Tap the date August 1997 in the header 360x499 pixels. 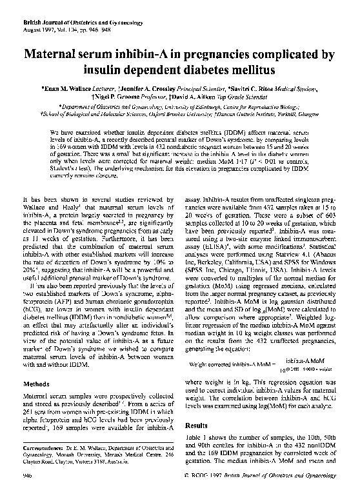(37, 21)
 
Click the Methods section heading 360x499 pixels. (37, 383)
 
